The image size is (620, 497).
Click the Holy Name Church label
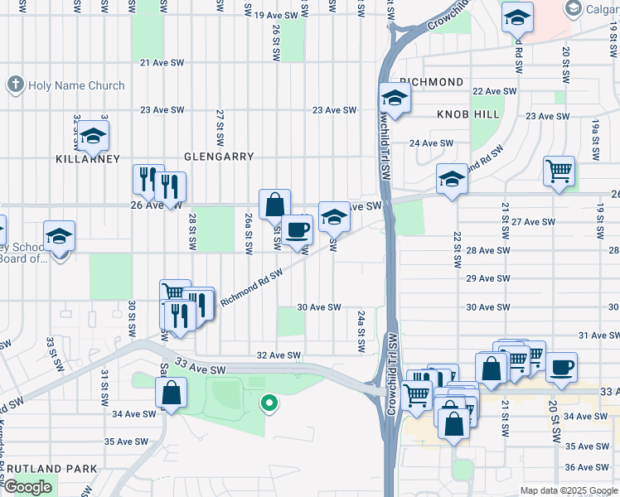coord(75,85)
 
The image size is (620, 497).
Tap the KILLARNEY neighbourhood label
coord(88,158)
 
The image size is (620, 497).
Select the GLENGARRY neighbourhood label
coord(218,156)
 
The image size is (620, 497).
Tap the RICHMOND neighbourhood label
coord(431,82)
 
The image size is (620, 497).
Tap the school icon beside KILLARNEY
coord(93,135)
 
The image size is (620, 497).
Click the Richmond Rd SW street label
coord(252,285)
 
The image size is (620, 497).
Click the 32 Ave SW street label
coord(279,355)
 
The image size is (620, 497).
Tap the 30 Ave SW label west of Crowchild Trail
coord(319,306)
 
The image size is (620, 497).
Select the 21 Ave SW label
coord(161,62)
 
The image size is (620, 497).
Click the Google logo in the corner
coord(27,487)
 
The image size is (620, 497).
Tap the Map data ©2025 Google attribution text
coord(568,490)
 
